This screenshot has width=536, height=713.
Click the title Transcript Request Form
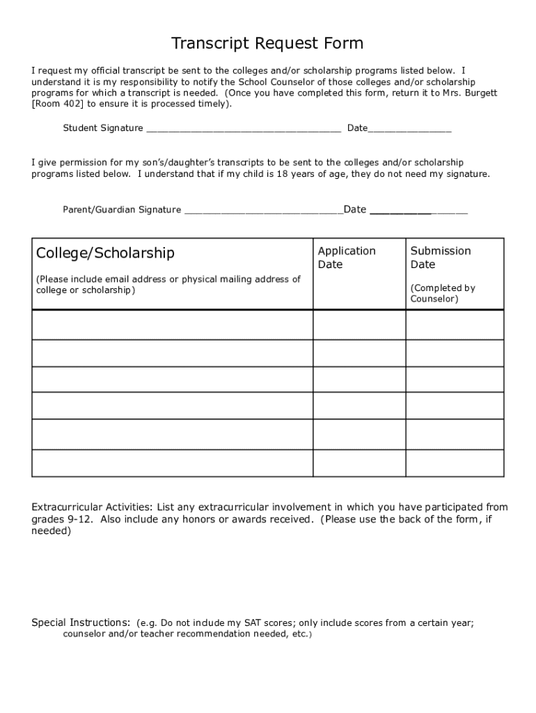tap(267, 44)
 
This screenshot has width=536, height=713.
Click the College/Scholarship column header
tap(105, 252)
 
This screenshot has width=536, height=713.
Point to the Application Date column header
tap(347, 258)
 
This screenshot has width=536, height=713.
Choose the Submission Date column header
tap(441, 258)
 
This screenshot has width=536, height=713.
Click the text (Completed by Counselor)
tap(443, 293)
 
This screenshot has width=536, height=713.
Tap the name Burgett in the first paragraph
tap(481, 93)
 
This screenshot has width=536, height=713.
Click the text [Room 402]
tap(58, 104)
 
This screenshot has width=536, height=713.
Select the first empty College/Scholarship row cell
tap(172, 324)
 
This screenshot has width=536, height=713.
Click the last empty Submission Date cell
tap(455, 463)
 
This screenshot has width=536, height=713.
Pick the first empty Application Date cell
tap(359, 324)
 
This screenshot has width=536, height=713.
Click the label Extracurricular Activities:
tap(93, 507)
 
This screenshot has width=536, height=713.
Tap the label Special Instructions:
tap(81, 622)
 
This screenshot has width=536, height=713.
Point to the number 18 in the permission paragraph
tap(283, 174)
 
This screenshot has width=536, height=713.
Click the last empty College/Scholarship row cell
tap(172, 463)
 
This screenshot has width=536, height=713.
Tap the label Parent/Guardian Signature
tap(122, 210)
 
